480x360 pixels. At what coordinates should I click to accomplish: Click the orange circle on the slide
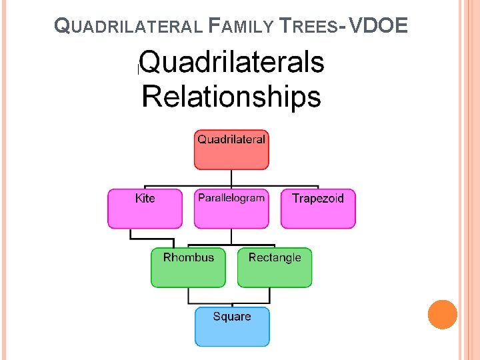[443, 315]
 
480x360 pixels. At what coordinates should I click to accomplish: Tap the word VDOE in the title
[377, 26]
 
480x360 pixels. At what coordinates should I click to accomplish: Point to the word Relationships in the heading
[231, 97]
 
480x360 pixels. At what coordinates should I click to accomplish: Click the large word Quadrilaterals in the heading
[232, 63]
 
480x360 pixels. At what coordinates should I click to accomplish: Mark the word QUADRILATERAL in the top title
[127, 27]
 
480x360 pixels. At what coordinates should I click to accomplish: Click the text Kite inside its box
[145, 199]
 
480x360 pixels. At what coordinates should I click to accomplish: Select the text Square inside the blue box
[232, 317]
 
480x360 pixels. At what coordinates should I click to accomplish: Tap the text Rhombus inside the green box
[189, 257]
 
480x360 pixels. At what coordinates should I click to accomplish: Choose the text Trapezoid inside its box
[318, 199]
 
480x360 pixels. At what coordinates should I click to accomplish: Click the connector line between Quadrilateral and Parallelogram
[231, 179]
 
